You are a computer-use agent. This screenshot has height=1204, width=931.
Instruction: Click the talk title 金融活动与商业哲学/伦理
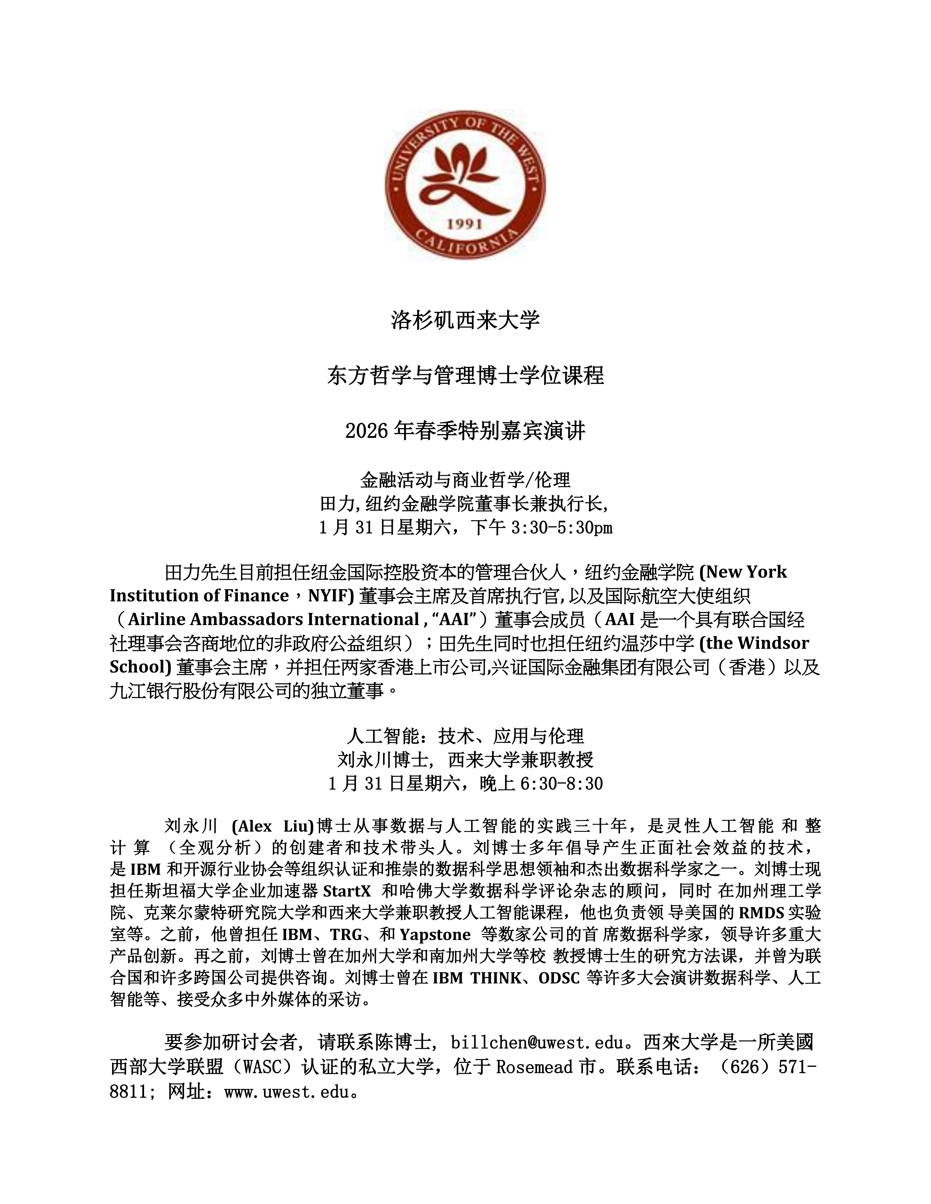tap(465, 480)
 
